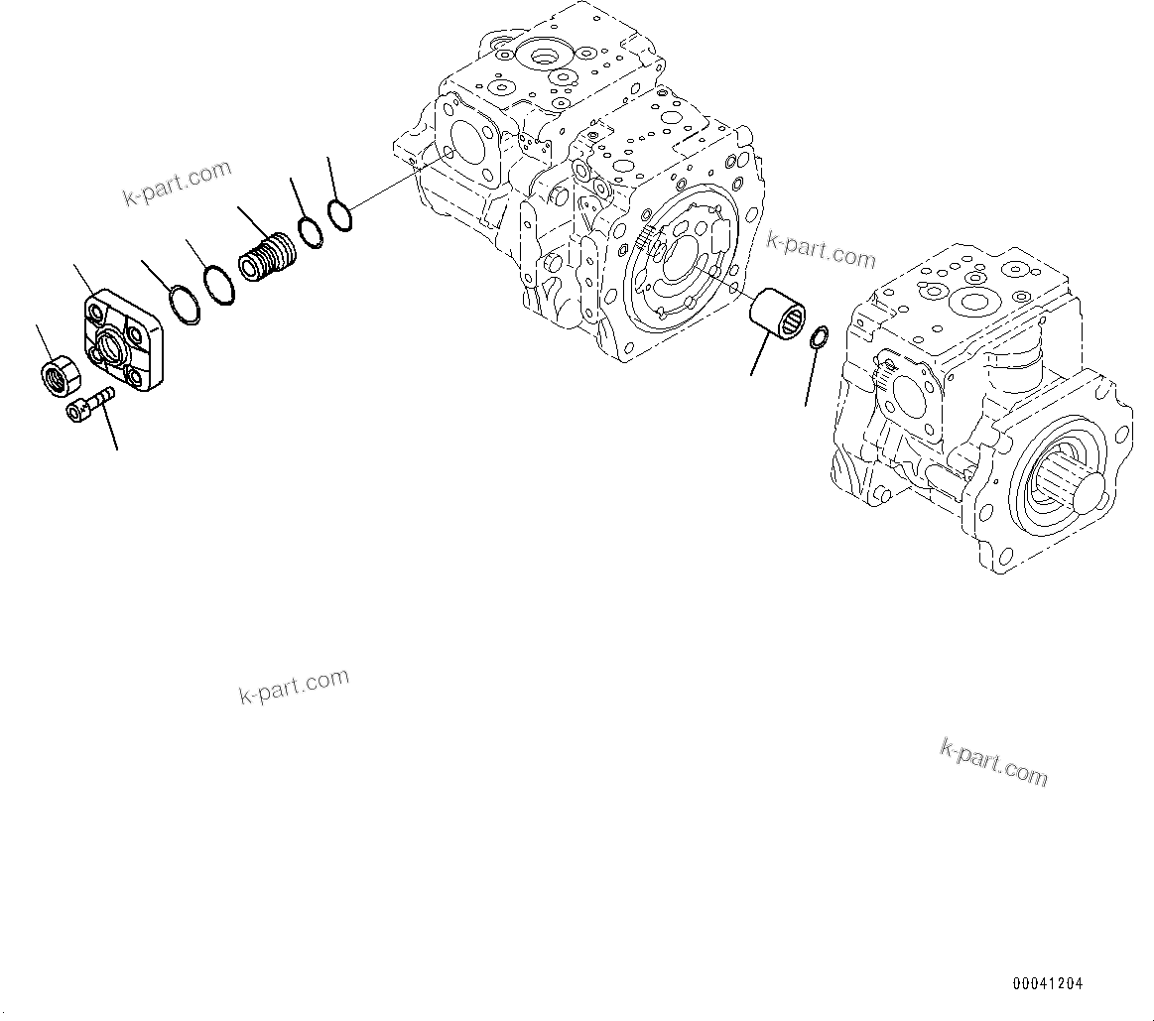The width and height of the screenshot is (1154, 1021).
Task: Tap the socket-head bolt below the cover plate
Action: point(88,404)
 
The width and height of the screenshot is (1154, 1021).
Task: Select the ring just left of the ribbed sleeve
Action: point(219,286)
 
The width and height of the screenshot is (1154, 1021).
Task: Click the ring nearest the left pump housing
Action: point(338,215)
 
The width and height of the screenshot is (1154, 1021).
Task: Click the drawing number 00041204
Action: point(1047,984)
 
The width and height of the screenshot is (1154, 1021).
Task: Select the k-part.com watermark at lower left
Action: point(294,686)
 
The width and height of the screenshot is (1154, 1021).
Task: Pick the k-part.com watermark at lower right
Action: point(993,762)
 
